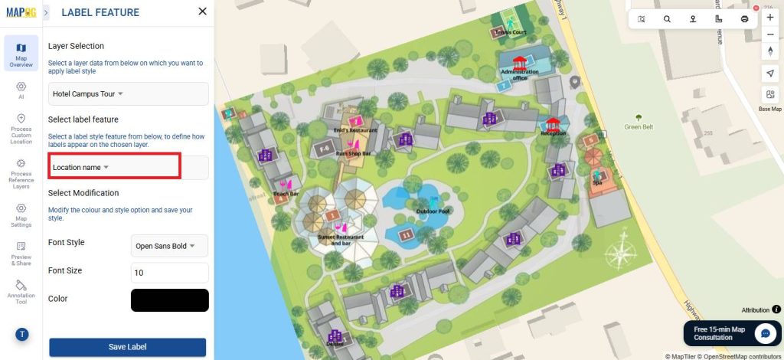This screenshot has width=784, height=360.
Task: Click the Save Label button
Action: coord(127,347)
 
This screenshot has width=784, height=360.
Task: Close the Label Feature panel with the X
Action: coord(202,11)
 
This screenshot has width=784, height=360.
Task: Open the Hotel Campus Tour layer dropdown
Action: coord(128,93)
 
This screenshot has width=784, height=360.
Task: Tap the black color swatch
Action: coord(170,300)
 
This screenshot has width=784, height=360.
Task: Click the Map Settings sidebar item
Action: coord(21,214)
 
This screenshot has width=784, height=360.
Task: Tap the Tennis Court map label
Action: coord(510,33)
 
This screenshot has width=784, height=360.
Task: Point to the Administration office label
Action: coord(520,74)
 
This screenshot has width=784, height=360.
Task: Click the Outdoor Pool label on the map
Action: coord(433,211)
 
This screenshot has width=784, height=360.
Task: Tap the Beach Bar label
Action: coord(286,195)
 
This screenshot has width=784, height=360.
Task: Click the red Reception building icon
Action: coord(553,124)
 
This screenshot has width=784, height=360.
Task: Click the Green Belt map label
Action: coord(638,127)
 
